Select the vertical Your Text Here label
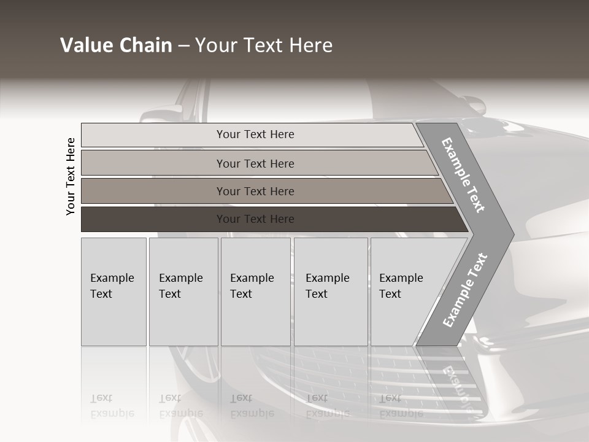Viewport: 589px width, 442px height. [x=71, y=176]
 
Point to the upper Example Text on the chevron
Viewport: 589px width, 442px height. [x=463, y=175]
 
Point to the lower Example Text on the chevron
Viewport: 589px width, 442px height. [x=464, y=290]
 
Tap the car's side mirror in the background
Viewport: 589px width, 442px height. [x=163, y=114]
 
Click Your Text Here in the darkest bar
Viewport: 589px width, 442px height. [x=255, y=219]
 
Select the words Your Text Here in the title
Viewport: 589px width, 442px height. [x=264, y=45]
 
